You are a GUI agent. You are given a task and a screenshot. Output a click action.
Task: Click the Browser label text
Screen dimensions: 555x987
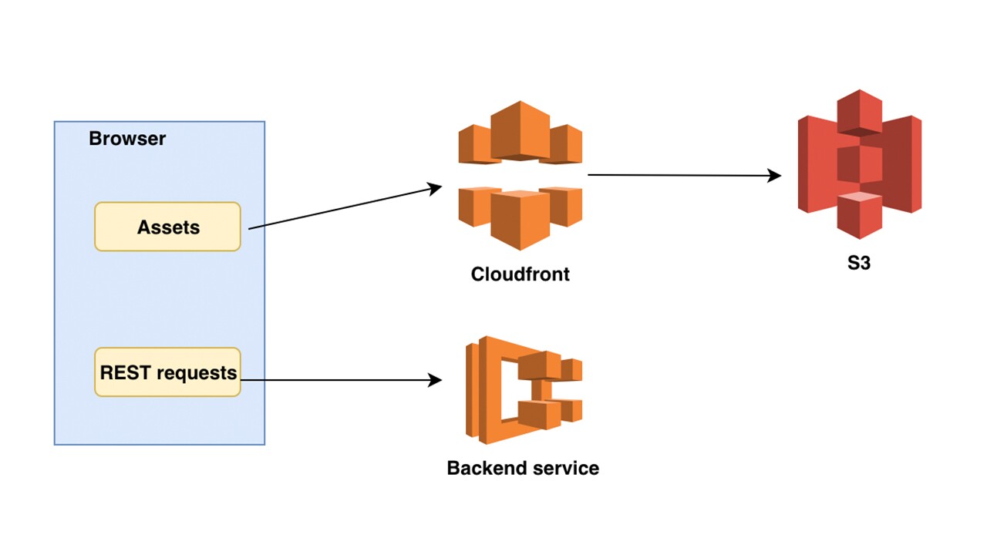pyautogui.click(x=127, y=139)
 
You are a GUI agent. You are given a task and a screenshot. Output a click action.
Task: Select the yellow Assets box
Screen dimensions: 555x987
pyautogui.click(x=167, y=227)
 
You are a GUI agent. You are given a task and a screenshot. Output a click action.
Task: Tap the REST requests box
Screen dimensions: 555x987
pyautogui.click(x=167, y=372)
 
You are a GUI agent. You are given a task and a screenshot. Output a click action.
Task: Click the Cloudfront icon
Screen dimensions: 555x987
pyautogui.click(x=520, y=176)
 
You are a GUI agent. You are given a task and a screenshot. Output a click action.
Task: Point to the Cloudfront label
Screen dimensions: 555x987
pyautogui.click(x=520, y=274)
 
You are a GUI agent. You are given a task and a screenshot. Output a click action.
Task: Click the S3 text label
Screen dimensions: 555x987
pyautogui.click(x=859, y=262)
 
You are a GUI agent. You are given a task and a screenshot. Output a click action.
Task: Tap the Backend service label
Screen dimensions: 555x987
pyautogui.click(x=523, y=468)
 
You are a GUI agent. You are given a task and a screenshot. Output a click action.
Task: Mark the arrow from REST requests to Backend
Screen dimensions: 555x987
pyautogui.click(x=339, y=380)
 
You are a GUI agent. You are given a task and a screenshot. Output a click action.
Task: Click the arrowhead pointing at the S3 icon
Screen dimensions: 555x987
pyautogui.click(x=776, y=177)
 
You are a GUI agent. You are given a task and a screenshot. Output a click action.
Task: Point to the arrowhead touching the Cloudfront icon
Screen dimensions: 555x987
pyautogui.click(x=436, y=187)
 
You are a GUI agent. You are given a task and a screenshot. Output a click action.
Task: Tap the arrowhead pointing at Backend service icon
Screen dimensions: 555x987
pyautogui.click(x=436, y=380)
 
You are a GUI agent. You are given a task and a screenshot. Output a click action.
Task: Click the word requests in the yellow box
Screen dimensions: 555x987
pyautogui.click(x=200, y=373)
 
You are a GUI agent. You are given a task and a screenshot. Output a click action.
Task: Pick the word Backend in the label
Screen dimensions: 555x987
pyautogui.click(x=483, y=468)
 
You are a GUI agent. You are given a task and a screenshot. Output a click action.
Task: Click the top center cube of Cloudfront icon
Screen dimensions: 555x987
pyautogui.click(x=520, y=128)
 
